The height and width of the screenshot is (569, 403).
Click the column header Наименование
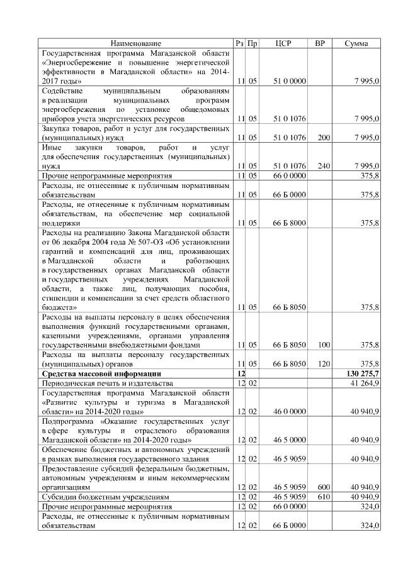tap(136, 43)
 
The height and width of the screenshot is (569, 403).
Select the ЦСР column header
tap(283, 43)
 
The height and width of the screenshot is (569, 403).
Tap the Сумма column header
tap(357, 43)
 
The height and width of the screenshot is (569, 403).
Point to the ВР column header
tap(320, 43)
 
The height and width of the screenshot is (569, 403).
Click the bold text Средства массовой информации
tap(101, 373)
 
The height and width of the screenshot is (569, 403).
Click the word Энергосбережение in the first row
tap(80, 63)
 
